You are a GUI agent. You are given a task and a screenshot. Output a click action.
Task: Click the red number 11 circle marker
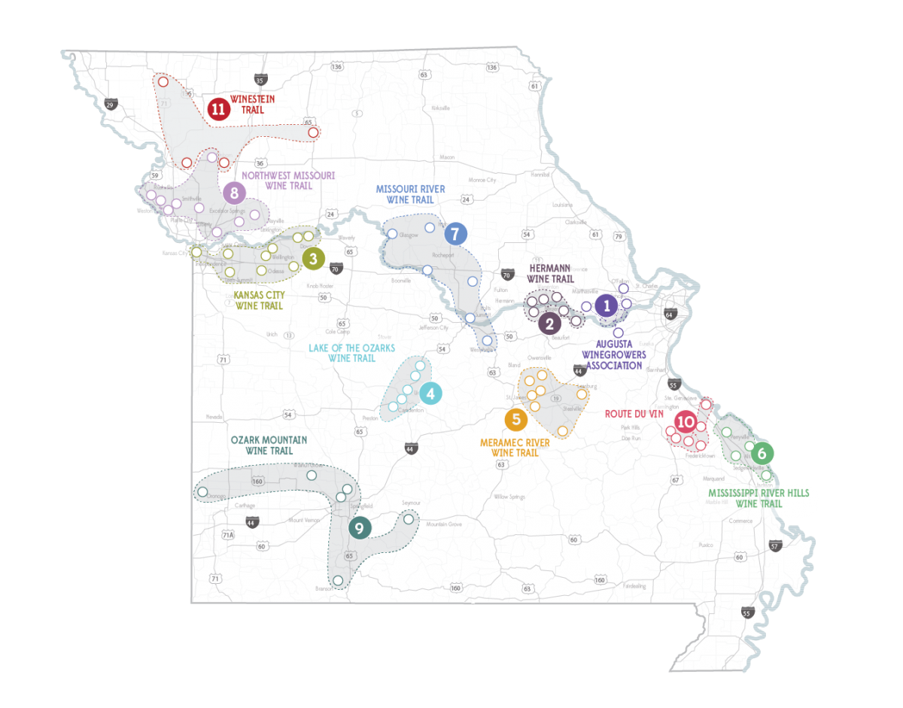coord(218,109)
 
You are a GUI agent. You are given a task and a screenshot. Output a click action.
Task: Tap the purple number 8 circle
coord(235,193)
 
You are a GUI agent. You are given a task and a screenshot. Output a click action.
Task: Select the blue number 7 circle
coord(455,233)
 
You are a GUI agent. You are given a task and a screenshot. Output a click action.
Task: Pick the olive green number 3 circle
coord(313,259)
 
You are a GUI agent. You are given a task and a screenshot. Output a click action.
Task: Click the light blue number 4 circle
coord(430,394)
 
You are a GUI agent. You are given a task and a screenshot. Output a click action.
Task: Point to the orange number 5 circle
coord(515,418)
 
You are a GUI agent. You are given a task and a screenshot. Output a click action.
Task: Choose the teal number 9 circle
coord(359,528)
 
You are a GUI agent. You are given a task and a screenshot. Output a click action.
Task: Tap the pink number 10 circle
coord(685,422)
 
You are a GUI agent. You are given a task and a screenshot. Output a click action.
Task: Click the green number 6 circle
coord(762,454)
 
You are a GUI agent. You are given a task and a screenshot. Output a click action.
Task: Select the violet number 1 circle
coord(606,305)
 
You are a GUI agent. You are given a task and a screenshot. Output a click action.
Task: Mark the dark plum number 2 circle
coord(549,324)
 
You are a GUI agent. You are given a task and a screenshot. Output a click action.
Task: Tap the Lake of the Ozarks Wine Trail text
coord(351,353)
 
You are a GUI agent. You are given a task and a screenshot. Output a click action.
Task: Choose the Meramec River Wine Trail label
coord(515,448)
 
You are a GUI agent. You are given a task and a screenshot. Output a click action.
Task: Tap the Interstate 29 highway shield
coord(111,104)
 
